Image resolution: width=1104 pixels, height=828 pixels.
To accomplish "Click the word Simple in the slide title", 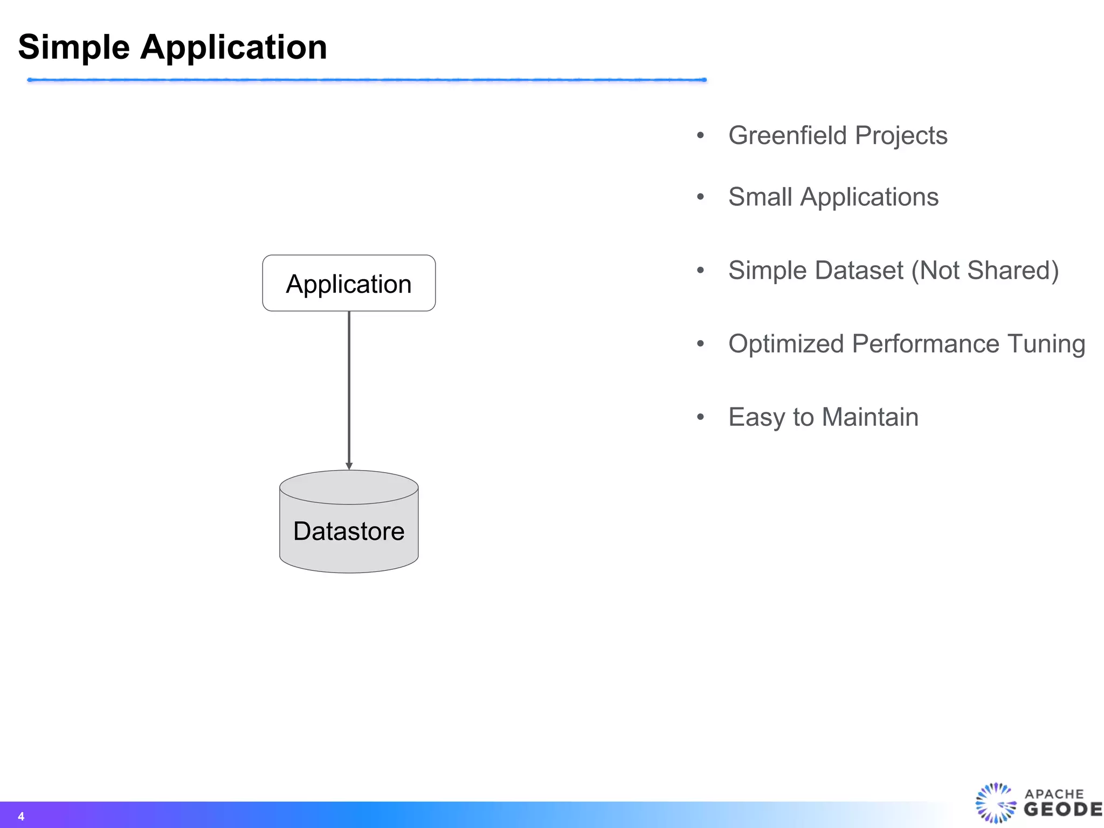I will (x=74, y=47).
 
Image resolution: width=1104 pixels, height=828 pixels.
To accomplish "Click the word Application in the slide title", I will (x=233, y=47).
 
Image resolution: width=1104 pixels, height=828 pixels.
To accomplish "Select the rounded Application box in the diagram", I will (x=349, y=284).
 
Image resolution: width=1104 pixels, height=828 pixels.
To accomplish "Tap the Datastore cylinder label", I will (x=349, y=532).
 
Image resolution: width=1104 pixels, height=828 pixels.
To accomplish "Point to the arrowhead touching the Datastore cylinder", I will (x=349, y=466).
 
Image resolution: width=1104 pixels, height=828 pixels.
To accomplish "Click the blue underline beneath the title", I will (x=367, y=80).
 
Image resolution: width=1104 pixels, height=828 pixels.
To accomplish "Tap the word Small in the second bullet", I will (x=760, y=197).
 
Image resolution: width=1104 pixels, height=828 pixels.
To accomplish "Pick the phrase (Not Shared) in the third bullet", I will (x=985, y=270).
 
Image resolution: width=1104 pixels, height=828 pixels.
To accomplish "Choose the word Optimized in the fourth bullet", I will (x=785, y=344).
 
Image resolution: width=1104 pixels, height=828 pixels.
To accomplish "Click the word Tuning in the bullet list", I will (x=1046, y=344).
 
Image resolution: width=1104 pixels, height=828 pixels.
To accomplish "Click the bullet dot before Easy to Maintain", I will (x=700, y=417).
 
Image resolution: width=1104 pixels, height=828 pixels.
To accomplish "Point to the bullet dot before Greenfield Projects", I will (x=700, y=135).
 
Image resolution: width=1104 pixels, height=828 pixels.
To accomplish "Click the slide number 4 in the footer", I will (x=21, y=816).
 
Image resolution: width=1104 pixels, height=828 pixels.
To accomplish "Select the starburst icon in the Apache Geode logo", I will (x=995, y=803).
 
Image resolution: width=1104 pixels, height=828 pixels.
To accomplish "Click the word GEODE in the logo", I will (x=1062, y=810).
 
